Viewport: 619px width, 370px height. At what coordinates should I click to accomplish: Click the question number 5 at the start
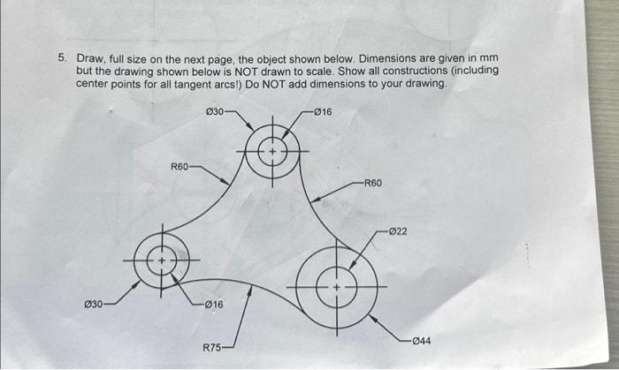pos(62,57)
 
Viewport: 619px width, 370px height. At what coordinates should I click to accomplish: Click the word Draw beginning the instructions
pos(89,57)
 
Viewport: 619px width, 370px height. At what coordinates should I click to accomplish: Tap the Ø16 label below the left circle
pos(213,305)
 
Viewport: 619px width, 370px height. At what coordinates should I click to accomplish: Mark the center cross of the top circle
pos(273,152)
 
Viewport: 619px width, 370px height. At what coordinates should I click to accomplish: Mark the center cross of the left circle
pos(162,262)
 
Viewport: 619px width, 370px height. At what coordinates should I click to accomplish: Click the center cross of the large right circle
pos(336,288)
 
